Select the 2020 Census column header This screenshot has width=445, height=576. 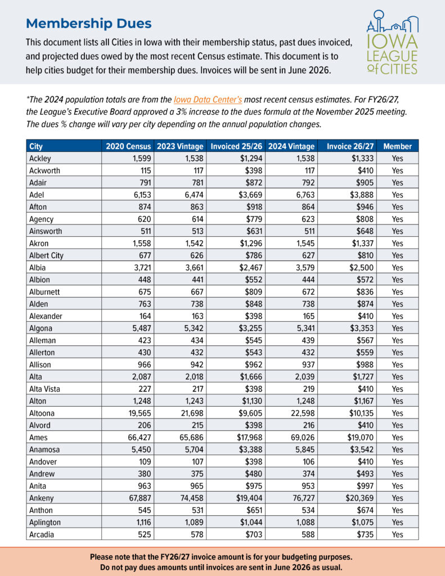pos(127,146)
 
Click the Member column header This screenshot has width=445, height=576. pos(397,146)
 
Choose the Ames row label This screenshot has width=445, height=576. pos(38,437)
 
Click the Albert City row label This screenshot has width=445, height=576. pos(46,255)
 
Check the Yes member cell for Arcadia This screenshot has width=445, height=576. pos(397,534)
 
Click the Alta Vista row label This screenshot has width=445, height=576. pos(44,389)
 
